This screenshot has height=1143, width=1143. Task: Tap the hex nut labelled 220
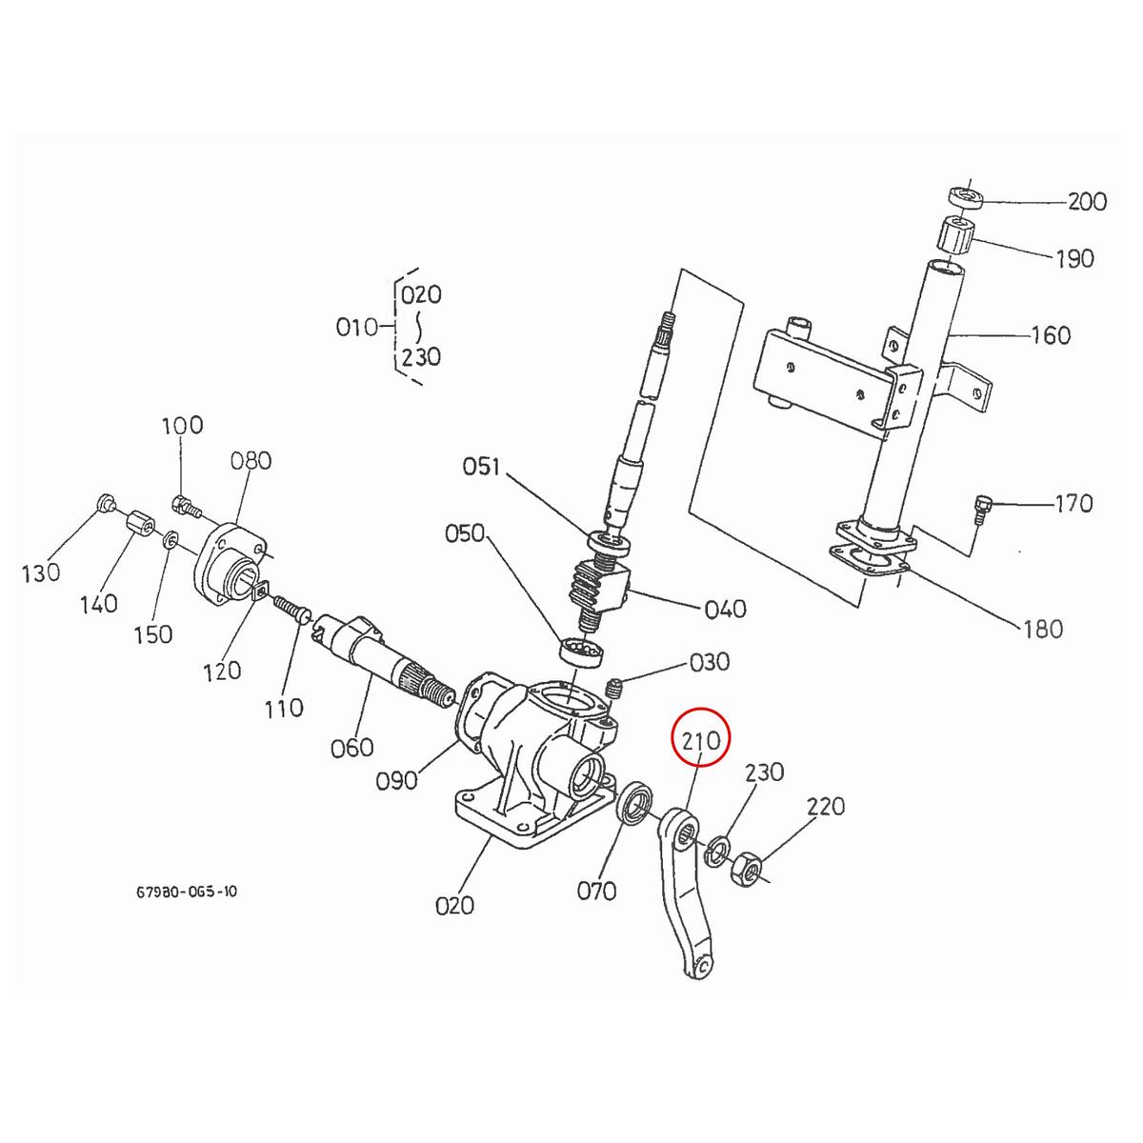745,868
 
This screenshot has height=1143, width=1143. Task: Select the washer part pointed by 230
717,850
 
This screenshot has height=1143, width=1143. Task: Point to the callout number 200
1087,202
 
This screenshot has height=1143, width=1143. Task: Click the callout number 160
1051,335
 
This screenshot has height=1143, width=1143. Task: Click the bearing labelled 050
580,652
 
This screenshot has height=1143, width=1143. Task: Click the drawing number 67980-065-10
187,892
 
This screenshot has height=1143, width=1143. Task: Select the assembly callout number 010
357,328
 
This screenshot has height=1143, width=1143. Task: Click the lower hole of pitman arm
700,966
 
